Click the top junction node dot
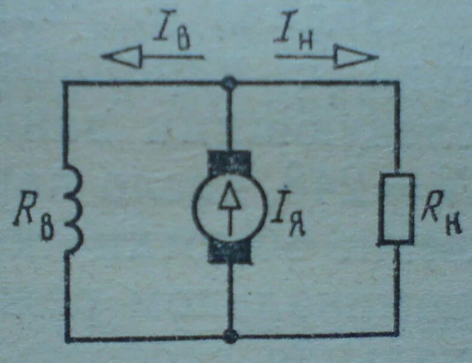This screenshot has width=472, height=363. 228,83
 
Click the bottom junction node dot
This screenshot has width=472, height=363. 229,336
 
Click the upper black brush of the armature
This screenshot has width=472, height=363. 229,161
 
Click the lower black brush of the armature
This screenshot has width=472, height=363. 229,252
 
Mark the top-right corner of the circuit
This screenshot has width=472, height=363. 397,83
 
